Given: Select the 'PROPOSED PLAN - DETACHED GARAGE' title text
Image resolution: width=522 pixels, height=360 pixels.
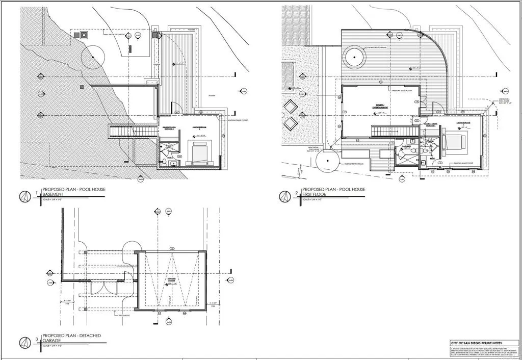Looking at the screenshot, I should click(71, 339).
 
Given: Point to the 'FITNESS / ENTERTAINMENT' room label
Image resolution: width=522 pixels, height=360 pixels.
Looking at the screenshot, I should click(380, 108).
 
